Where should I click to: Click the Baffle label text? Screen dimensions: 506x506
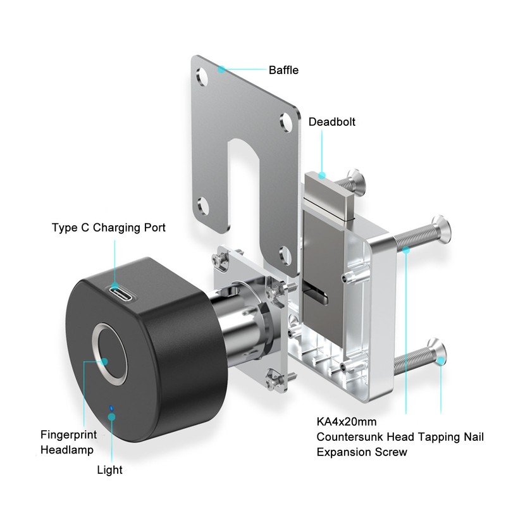[x=283, y=70]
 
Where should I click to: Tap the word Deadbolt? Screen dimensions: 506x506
[x=331, y=121]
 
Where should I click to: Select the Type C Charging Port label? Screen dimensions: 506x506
[x=108, y=228]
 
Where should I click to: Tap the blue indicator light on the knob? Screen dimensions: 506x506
[x=111, y=408]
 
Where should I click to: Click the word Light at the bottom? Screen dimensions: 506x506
[x=109, y=470]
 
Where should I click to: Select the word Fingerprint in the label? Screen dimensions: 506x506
[x=68, y=435]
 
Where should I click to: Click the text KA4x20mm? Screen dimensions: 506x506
[x=346, y=421]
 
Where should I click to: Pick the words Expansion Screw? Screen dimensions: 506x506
[x=362, y=452]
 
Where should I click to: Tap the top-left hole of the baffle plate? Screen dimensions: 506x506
[x=202, y=77]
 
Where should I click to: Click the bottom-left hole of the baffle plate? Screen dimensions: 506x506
[x=203, y=206]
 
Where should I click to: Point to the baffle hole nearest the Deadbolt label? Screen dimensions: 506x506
[x=286, y=123]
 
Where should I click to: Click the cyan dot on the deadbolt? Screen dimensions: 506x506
[x=322, y=175]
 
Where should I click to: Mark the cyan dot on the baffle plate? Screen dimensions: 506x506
[x=221, y=69]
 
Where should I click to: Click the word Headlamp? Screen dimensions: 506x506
[x=67, y=450]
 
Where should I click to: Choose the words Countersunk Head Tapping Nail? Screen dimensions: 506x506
[x=400, y=436]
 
